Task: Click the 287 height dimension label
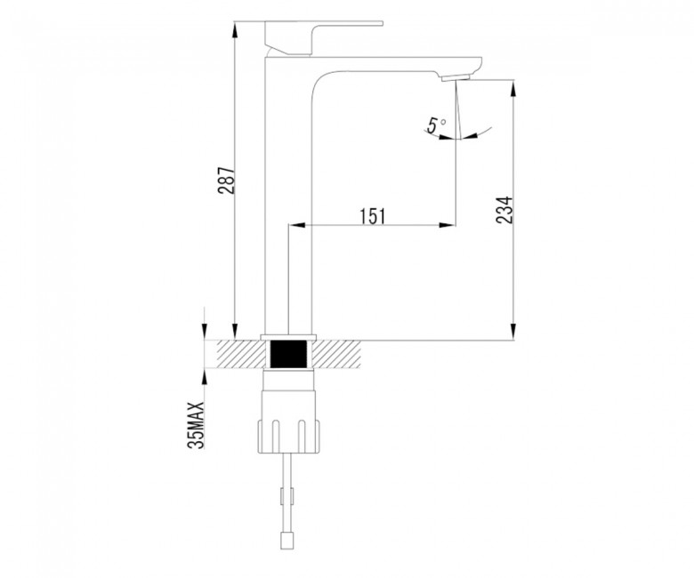click(226, 181)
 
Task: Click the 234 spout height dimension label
click(504, 209)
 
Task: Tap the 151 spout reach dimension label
click(372, 216)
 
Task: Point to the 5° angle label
click(437, 124)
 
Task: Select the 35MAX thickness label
click(196, 425)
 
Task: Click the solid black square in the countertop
click(288, 354)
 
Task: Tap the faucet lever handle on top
click(324, 38)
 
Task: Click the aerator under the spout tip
click(455, 78)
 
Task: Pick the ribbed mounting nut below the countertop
click(288, 436)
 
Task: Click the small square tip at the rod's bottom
click(288, 542)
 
